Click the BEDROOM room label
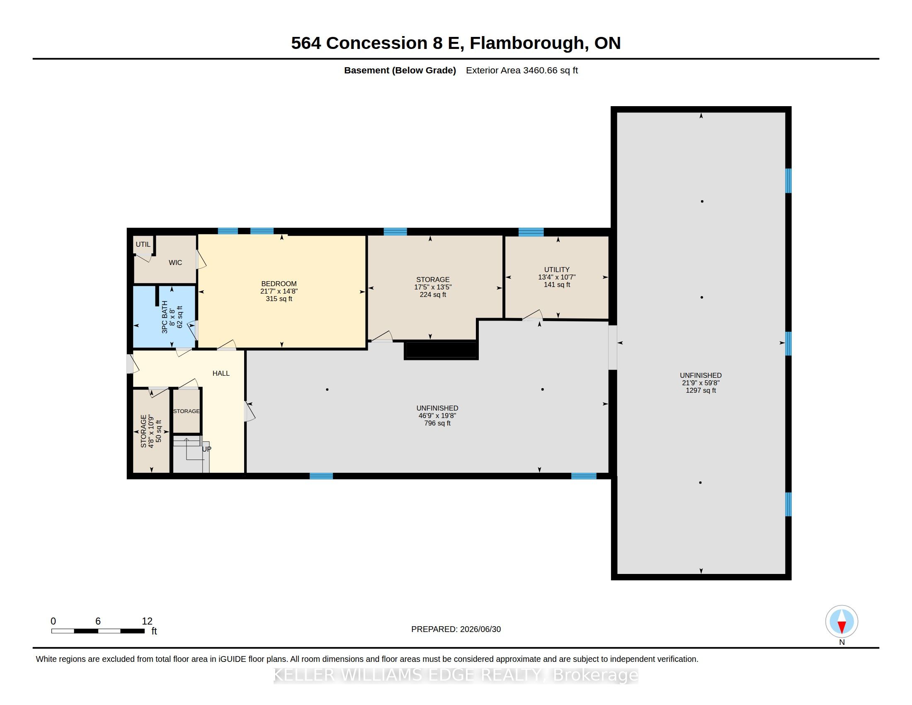coord(279,284)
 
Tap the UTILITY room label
coord(557,270)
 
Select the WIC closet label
coord(175,262)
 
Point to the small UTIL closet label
coord(143,244)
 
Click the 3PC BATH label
coord(165,317)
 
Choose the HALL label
coord(221,373)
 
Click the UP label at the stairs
coord(207,449)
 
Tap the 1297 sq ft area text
coord(701,391)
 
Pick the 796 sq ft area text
coord(437,423)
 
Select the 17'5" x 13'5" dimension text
coord(433,287)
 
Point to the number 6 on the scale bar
coord(98,621)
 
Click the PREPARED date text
coord(456,629)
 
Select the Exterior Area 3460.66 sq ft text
coord(522,70)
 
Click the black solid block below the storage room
coord(441,351)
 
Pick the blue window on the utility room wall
coord(531,232)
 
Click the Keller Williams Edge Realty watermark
coord(456,675)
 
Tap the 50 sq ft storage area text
coord(159,431)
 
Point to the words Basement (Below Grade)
coord(400,70)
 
